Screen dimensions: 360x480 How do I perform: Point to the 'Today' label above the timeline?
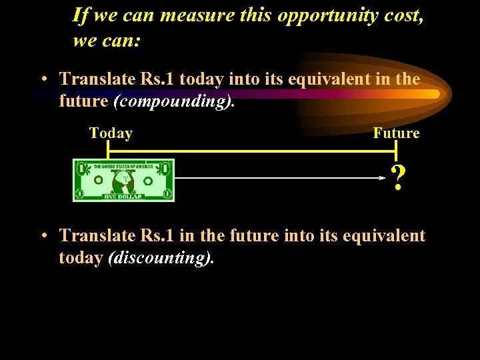coord(111,133)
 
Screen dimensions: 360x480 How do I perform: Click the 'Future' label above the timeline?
coord(396,133)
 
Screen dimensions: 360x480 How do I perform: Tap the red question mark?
coord(398,179)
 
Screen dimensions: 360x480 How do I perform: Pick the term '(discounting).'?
coord(161,258)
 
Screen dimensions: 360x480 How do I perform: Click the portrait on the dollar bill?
coord(123,181)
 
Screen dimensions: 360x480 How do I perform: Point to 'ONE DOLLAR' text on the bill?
coord(123,197)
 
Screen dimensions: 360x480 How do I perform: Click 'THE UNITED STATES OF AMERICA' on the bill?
coord(123,166)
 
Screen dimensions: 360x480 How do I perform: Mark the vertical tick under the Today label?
coord(107,152)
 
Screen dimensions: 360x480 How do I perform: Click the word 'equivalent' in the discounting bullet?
coord(385,235)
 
